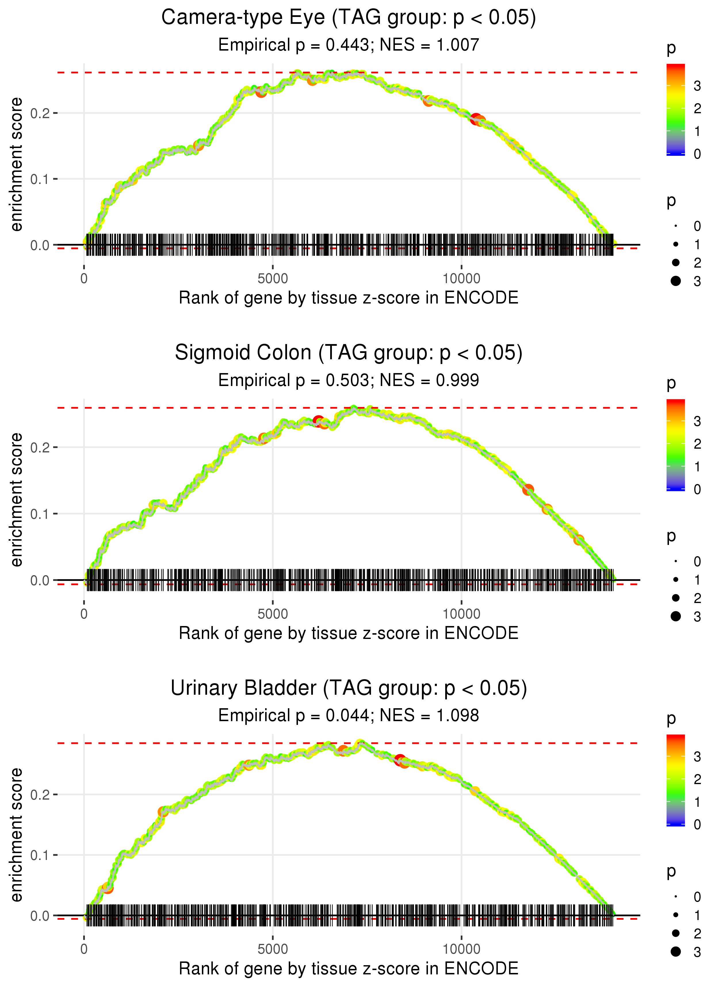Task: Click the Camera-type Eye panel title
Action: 349,18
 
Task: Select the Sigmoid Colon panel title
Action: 349,353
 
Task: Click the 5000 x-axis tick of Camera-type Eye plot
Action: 273,279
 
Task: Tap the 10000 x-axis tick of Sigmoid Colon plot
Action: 461,614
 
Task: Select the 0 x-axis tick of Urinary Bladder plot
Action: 84,949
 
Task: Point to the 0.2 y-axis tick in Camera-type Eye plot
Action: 40,113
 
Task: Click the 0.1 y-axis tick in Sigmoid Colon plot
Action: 40,514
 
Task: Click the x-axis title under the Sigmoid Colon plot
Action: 349,633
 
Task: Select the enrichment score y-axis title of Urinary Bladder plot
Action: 16,834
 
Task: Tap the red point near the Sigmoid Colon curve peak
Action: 318,420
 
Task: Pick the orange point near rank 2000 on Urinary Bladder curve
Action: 163,812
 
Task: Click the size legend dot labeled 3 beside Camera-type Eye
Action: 676,281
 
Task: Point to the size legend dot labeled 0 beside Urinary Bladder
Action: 676,897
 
